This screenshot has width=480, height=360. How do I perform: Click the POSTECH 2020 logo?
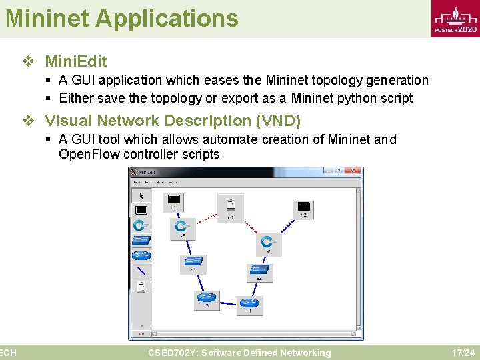pyautogui.click(x=455, y=19)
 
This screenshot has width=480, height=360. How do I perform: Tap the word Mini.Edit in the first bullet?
pyautogui.click(x=75, y=62)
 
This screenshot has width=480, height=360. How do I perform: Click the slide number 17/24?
pyautogui.click(x=463, y=353)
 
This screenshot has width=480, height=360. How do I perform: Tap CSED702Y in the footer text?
pyautogui.click(x=172, y=353)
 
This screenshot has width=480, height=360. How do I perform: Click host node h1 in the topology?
pyautogui.click(x=173, y=201)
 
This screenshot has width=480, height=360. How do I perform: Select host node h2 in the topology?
pyautogui.click(x=303, y=209)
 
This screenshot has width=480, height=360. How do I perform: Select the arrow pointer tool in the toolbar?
pyautogui.click(x=141, y=196)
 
